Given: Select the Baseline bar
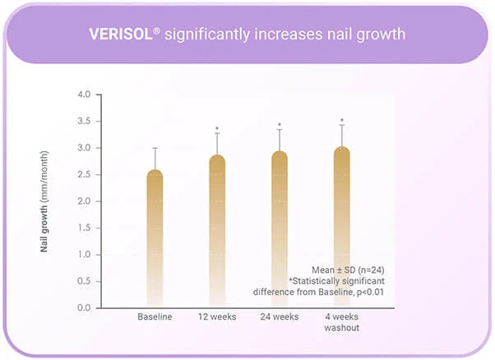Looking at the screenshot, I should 155,238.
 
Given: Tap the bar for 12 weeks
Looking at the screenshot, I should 217,230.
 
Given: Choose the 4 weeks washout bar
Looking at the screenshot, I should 341,226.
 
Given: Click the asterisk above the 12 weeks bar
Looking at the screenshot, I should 217,129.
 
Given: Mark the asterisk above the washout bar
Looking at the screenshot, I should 342,122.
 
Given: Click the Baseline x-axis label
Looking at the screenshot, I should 155,317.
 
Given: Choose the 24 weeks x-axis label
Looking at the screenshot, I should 280,317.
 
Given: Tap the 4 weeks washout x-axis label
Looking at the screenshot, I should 341,322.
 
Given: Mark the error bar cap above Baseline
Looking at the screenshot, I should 155,148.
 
